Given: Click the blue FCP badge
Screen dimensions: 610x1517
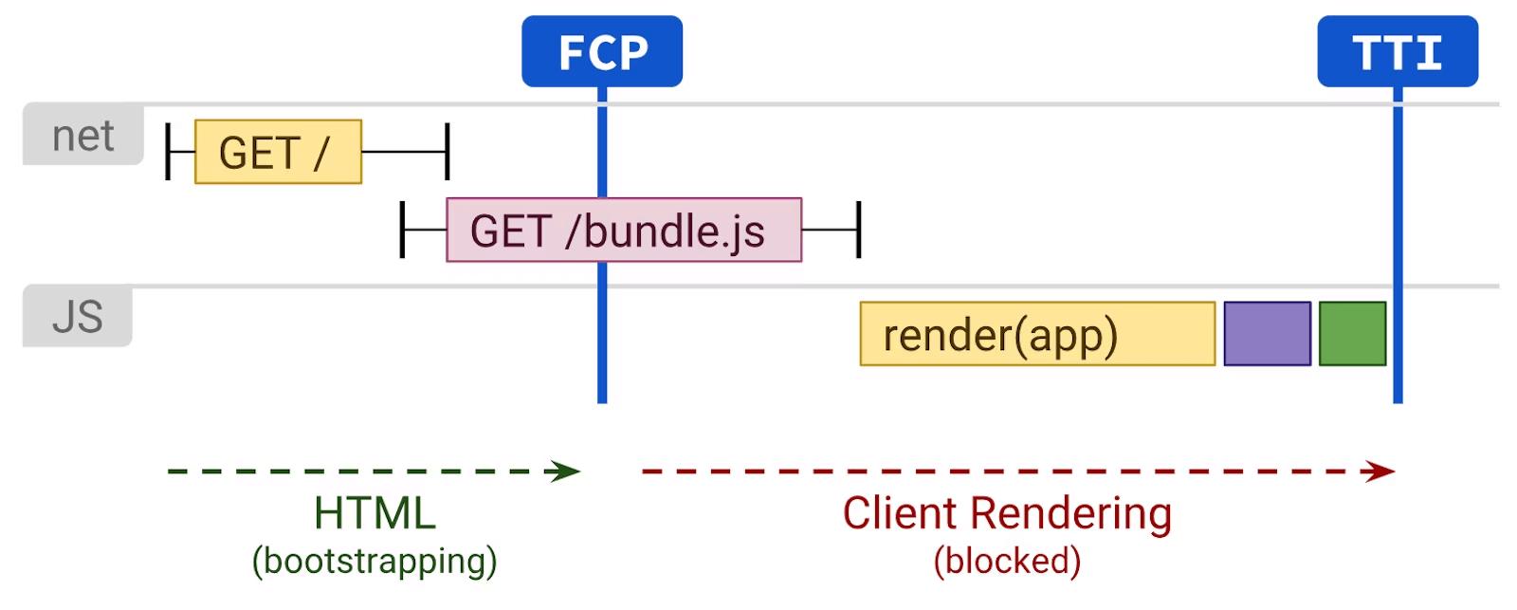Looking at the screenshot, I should pyautogui.click(x=601, y=51).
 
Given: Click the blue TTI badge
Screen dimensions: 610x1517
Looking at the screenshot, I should pyautogui.click(x=1397, y=51).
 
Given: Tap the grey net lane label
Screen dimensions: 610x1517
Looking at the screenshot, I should pyautogui.click(x=83, y=136).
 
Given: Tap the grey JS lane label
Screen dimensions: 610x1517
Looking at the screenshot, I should pyautogui.click(x=77, y=317).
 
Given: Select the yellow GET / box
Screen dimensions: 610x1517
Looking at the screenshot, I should pyautogui.click(x=278, y=152).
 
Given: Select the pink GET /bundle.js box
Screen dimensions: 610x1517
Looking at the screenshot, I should pyautogui.click(x=624, y=230).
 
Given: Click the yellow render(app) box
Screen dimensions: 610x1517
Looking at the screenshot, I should pyautogui.click(x=1037, y=334).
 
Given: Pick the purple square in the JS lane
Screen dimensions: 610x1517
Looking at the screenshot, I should pyautogui.click(x=1267, y=334).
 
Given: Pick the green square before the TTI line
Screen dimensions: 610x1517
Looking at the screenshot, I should pyautogui.click(x=1352, y=334).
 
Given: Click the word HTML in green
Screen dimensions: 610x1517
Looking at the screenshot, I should pyautogui.click(x=375, y=513).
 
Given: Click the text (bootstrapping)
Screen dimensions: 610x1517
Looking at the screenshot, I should pyautogui.click(x=375, y=561).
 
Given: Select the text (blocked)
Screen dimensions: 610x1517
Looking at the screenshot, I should pyautogui.click(x=1007, y=561).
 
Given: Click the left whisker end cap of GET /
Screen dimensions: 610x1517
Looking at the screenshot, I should pyautogui.click(x=168, y=151).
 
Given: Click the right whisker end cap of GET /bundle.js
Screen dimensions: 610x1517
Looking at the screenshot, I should pyautogui.click(x=859, y=230).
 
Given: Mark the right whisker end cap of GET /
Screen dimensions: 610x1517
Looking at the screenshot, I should pyautogui.click(x=448, y=151).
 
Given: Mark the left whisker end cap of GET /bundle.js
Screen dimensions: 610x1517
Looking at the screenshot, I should pyautogui.click(x=402, y=230).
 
